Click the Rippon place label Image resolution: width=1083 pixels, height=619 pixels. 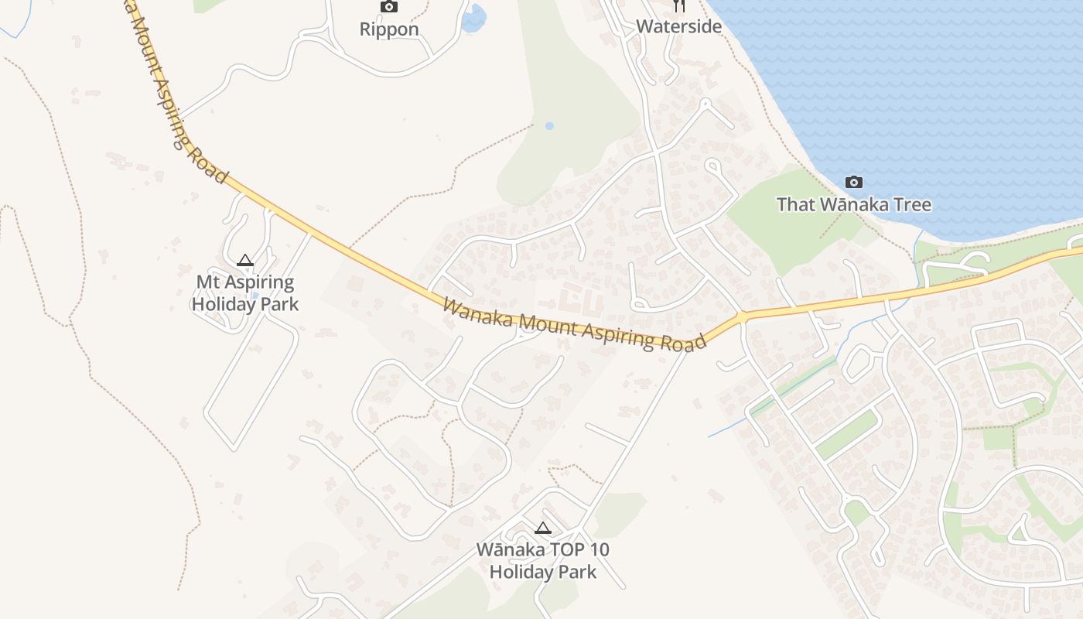(389, 29)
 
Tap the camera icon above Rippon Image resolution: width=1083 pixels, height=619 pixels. (389, 7)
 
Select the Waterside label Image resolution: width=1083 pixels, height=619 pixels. (678, 26)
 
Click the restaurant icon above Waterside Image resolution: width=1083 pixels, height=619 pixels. (679, 5)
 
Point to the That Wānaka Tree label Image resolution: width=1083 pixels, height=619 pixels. (853, 205)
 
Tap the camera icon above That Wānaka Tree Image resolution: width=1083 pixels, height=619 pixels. (853, 183)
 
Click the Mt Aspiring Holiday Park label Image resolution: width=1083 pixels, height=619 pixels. (244, 293)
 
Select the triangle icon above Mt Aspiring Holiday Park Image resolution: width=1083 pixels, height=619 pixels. (245, 261)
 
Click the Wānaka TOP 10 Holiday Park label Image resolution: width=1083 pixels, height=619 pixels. (543, 561)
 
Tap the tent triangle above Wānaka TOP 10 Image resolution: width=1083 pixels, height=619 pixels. (543, 528)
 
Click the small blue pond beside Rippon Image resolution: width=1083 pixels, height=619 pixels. (473, 18)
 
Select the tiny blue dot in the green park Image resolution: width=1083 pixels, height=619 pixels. (549, 125)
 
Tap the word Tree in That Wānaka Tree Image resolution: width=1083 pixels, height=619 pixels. (910, 205)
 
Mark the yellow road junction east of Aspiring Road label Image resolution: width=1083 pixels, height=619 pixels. (742, 317)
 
